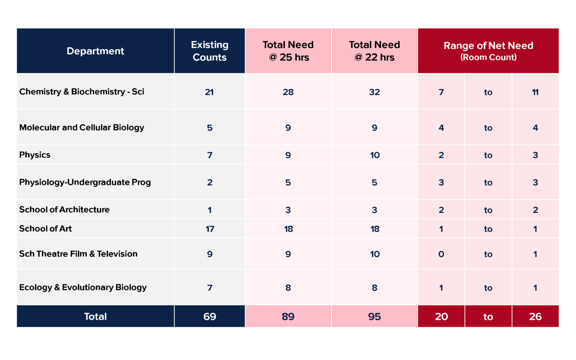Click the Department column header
[95, 51]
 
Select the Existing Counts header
[210, 51]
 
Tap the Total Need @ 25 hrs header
[288, 51]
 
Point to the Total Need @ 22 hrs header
[374, 51]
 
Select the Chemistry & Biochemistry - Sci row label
[82, 92]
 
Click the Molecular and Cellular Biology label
[82, 127]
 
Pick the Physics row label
[35, 155]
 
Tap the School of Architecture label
[64, 210]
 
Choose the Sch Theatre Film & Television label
[78, 254]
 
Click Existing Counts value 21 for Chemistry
[209, 92]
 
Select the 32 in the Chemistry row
[374, 92]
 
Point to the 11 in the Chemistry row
[535, 92]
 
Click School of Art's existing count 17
[210, 229]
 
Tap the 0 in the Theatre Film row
[441, 254]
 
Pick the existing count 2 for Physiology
[210, 182]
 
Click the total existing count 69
[210, 316]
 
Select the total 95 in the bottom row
[374, 316]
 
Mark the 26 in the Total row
[535, 316]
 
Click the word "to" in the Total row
[488, 317]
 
